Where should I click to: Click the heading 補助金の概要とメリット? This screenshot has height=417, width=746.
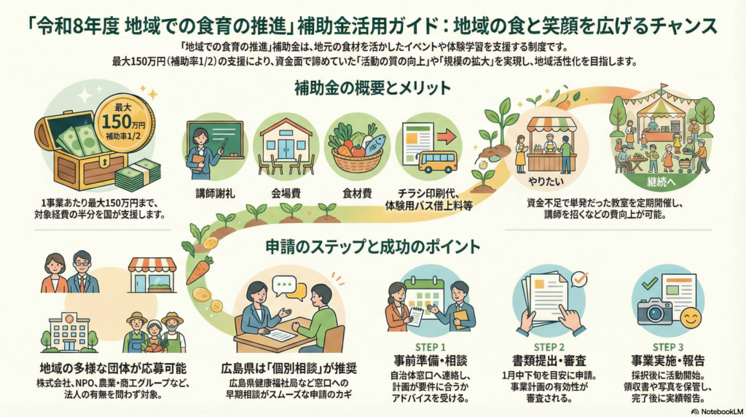[x=372, y=88]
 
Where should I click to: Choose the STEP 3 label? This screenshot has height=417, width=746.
[x=668, y=347]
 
